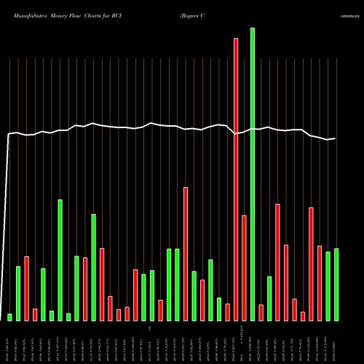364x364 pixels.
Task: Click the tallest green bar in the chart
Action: click(x=253, y=175)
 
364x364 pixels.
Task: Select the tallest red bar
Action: click(x=236, y=179)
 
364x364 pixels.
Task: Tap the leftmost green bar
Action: click(x=10, y=317)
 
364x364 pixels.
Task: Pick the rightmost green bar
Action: click(x=336, y=284)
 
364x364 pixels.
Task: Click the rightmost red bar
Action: click(x=320, y=283)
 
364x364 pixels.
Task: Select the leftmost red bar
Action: click(x=27, y=288)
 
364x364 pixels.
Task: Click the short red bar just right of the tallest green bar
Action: click(x=261, y=312)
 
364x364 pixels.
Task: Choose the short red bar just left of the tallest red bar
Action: click(x=227, y=312)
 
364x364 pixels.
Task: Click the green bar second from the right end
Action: click(x=328, y=285)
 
